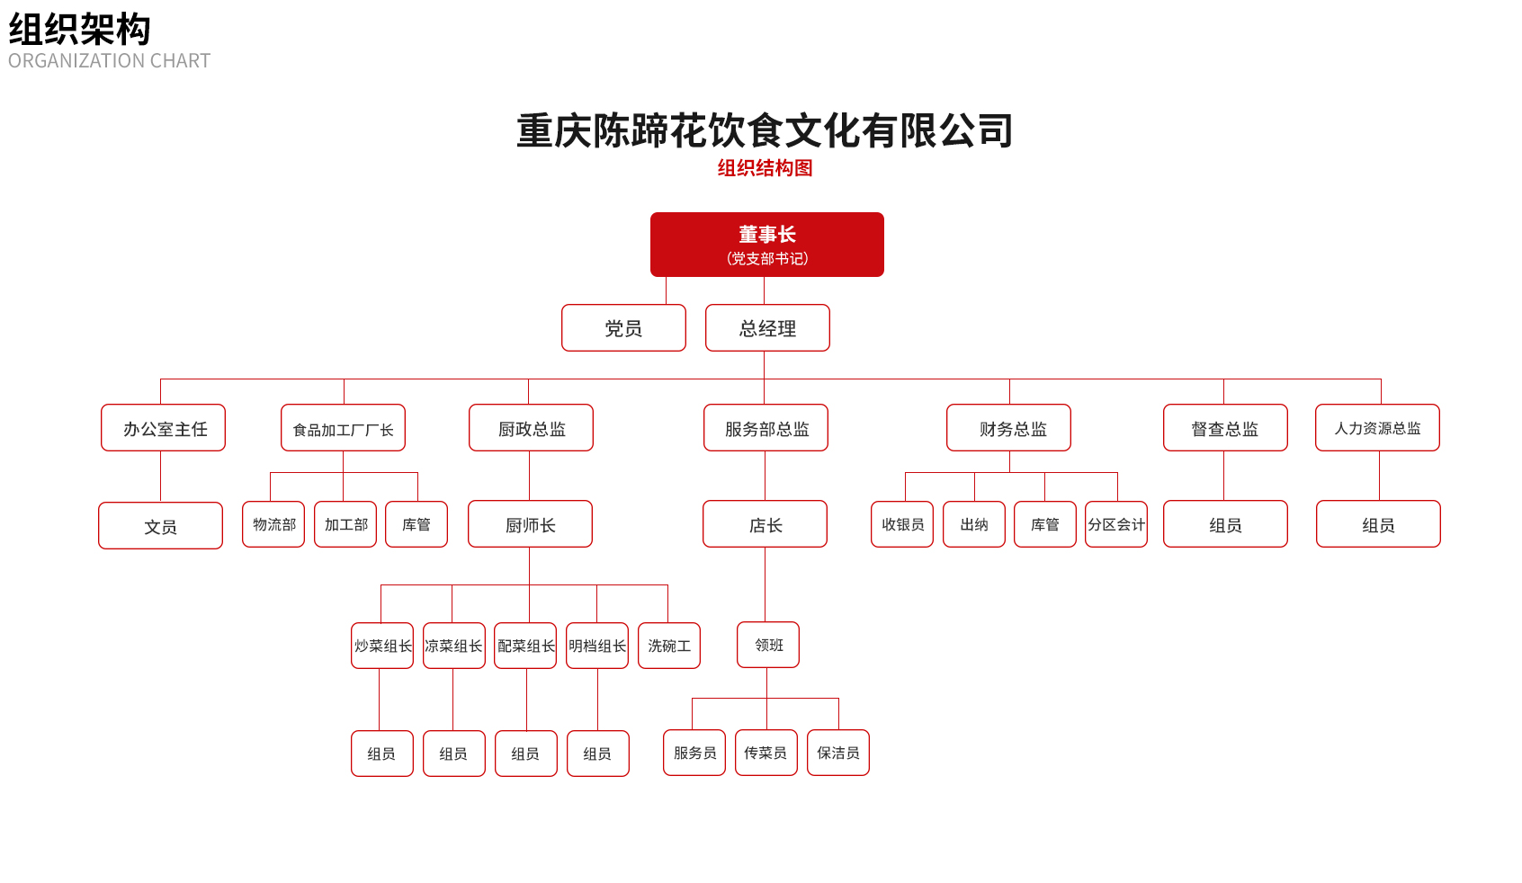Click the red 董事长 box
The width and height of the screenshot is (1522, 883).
[767, 245]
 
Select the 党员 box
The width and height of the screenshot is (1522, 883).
[623, 328]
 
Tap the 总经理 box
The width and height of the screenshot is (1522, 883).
[768, 328]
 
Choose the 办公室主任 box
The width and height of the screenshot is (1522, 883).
[163, 428]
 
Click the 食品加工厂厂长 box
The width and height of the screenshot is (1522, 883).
[343, 428]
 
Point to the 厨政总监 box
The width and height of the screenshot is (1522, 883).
[532, 428]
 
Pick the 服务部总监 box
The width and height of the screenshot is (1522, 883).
[765, 428]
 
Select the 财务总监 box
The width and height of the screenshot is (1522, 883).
[1009, 428]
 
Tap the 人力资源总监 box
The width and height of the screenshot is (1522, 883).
[1378, 428]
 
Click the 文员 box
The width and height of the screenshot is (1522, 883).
[160, 526]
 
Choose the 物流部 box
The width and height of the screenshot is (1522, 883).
[273, 524]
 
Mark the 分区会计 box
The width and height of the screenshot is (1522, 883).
[1116, 524]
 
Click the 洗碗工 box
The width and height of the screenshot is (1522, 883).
[669, 646]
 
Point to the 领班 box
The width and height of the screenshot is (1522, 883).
[768, 645]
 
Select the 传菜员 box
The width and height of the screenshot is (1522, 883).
[766, 753]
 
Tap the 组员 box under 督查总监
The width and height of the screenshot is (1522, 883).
[1226, 524]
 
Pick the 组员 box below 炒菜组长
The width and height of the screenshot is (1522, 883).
[382, 754]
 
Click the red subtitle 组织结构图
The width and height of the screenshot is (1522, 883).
[765, 168]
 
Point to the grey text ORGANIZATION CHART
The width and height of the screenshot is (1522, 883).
[110, 61]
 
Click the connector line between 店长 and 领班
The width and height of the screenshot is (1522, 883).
[765, 584]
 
